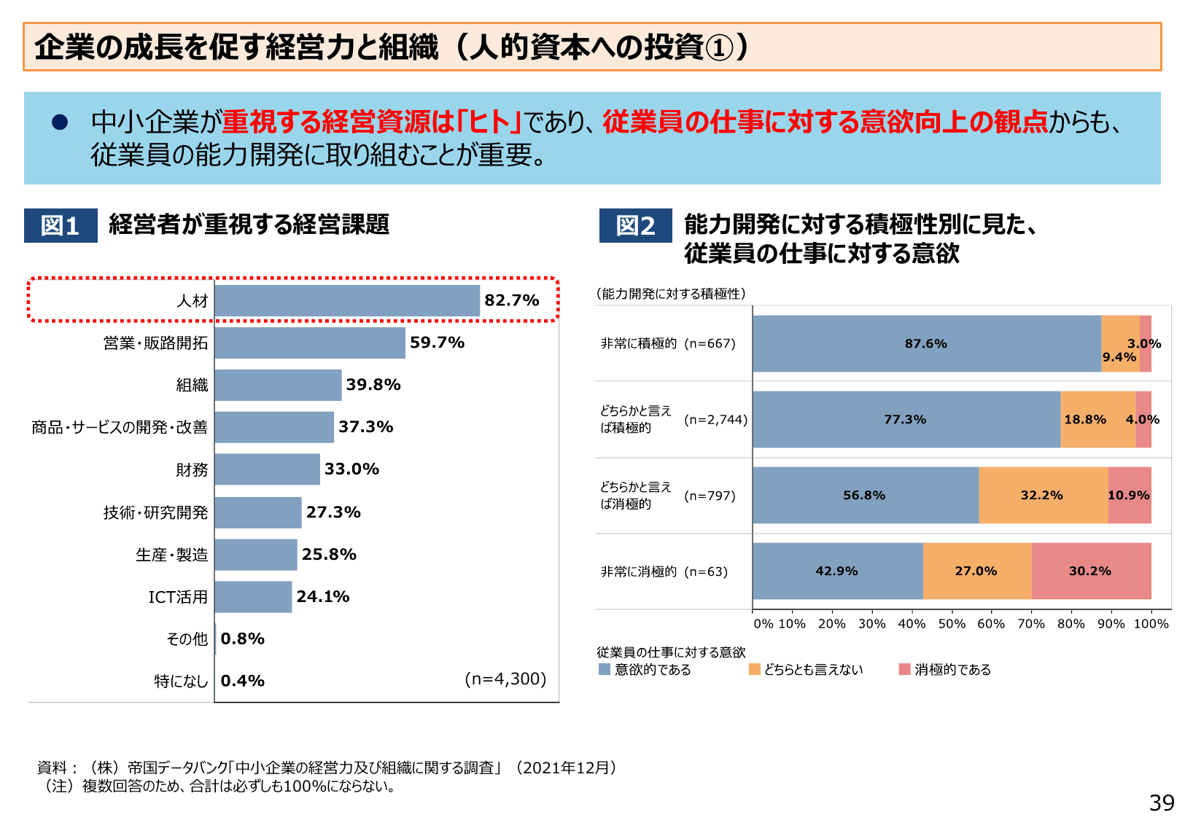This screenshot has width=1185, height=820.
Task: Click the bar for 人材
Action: pos(347,300)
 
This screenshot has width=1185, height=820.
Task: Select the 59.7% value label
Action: pos(437,343)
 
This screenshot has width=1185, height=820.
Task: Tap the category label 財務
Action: pos(192,470)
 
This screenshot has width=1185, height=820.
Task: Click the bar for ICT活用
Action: pos(253,597)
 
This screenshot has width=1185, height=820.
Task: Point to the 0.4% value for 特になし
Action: pos(242,681)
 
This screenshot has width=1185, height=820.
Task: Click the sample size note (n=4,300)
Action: pos(505,679)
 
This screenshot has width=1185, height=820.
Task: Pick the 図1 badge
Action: pos(61,225)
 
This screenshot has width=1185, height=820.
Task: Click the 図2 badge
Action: pos(635,225)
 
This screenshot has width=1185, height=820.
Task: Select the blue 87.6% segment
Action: pos(926,343)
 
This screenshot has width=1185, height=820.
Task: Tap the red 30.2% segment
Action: pos(1091,571)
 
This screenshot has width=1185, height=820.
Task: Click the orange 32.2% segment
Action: pos(1042,495)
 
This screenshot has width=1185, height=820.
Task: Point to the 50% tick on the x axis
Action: pos(952,624)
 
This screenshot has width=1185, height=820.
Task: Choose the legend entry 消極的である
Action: pos(945,669)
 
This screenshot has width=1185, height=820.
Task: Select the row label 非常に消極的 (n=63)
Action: pos(664,571)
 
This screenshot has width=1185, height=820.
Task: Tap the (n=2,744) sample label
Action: pos(715,420)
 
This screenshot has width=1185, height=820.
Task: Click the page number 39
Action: pos(1161,803)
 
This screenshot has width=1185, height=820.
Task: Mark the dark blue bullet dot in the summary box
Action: pos(60,122)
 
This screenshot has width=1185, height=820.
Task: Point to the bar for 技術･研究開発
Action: pos(258,512)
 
